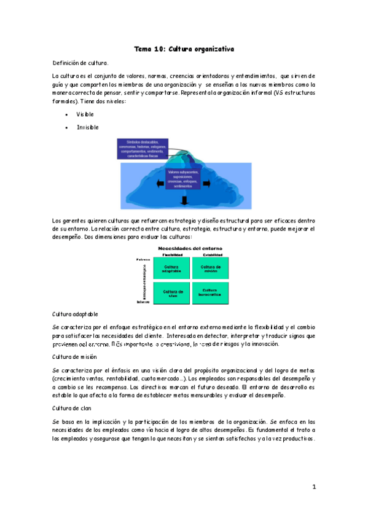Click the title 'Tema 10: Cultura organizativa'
point(184,48)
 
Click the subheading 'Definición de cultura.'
point(81,63)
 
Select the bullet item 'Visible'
point(85,114)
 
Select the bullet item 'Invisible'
point(87,127)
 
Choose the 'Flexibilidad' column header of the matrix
point(173,254)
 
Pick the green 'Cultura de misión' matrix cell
point(211,268)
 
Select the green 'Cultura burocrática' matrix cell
point(211,292)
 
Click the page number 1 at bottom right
point(313,487)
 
